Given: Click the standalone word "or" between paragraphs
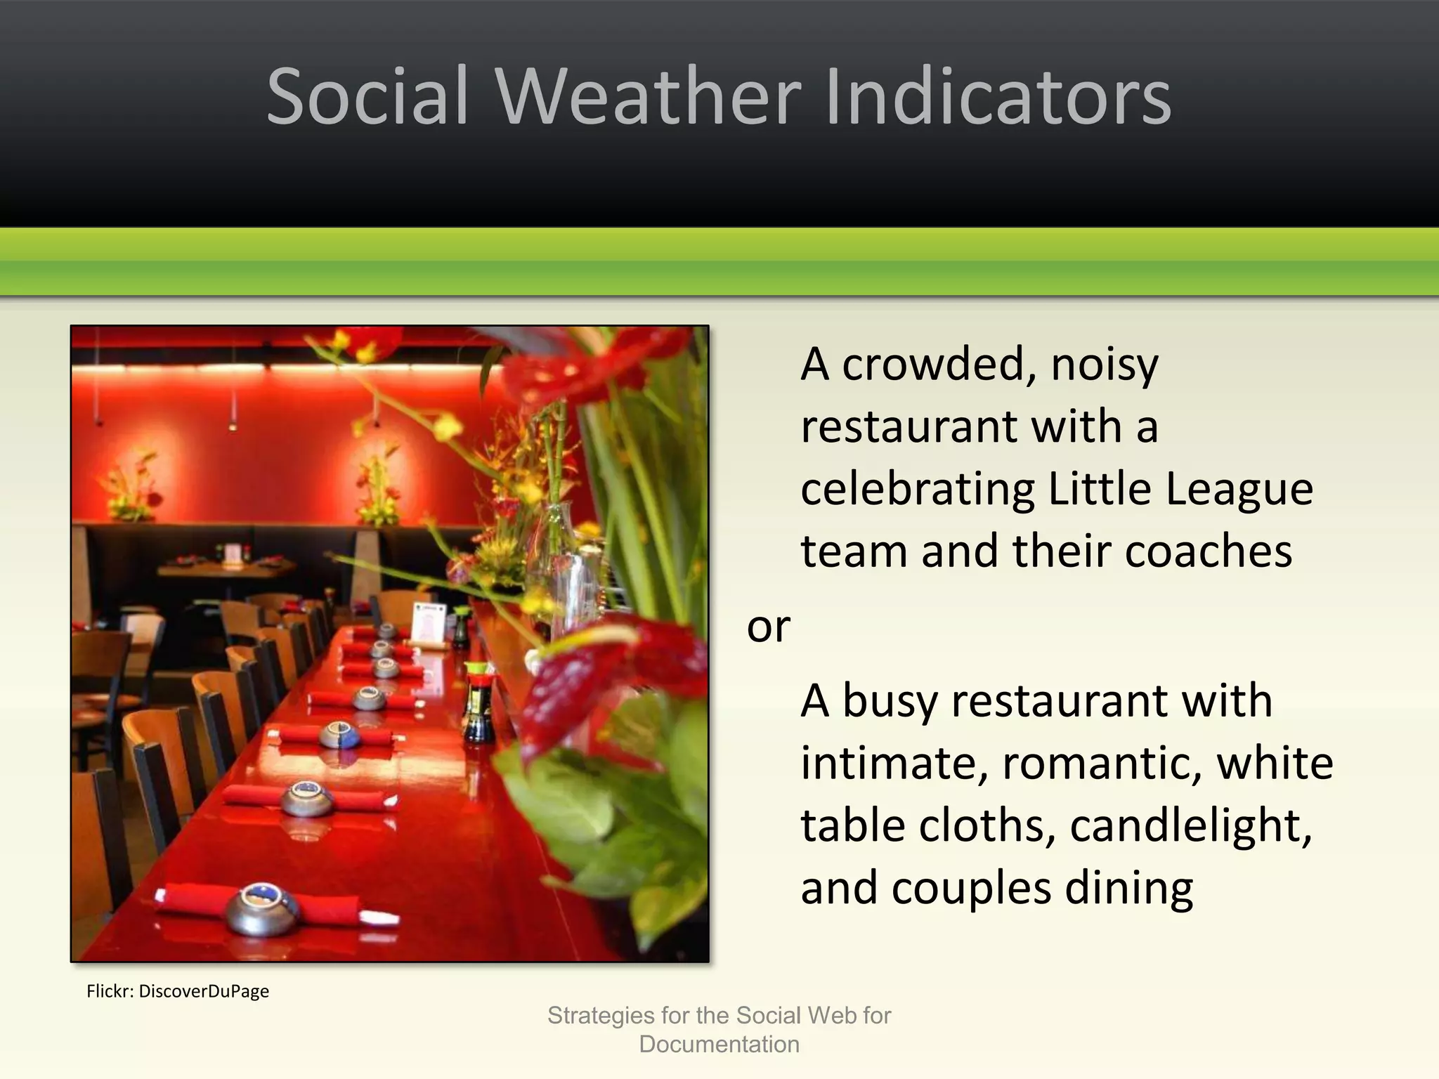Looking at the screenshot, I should (x=768, y=626).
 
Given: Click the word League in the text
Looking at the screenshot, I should (x=1239, y=489).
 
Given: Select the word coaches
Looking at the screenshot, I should (x=1208, y=551).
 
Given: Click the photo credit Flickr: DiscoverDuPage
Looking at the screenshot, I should (x=178, y=991).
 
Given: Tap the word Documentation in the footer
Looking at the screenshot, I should (x=719, y=1045).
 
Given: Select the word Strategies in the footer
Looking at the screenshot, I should (x=601, y=1016).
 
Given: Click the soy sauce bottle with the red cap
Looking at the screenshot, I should (x=478, y=702).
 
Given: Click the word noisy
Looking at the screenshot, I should (x=1105, y=365).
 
